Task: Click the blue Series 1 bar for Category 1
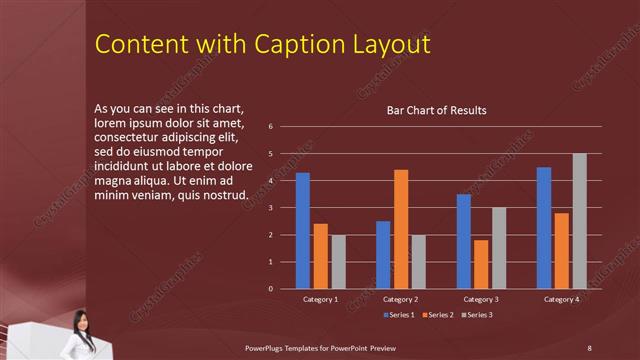coord(302,231)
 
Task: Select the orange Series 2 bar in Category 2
coord(401,229)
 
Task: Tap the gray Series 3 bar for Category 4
coord(579,221)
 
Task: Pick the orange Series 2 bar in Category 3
coord(481,264)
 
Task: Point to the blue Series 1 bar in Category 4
coord(543,228)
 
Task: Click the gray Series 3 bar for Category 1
coord(338,262)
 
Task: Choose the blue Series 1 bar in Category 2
coord(383,255)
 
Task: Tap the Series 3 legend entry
coord(476,315)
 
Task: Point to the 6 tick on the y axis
coord(270,127)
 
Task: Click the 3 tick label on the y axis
coord(270,208)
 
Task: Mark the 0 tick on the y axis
coord(270,289)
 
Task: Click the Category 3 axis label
coord(480,299)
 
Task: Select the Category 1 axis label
coord(320,299)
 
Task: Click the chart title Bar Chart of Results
coord(437,110)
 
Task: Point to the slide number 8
coord(589,347)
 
